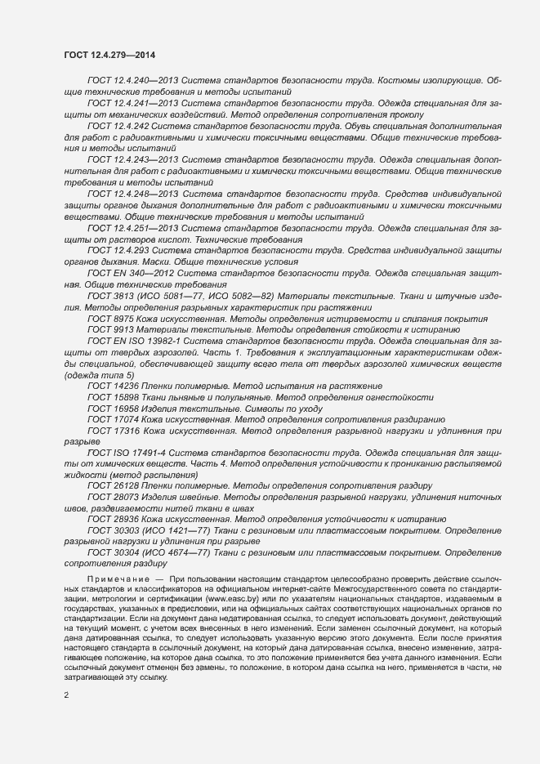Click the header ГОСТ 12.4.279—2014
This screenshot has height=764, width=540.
tap(109, 56)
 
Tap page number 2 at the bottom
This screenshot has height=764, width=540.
tap(66, 695)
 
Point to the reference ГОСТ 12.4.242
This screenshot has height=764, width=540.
tap(119, 127)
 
